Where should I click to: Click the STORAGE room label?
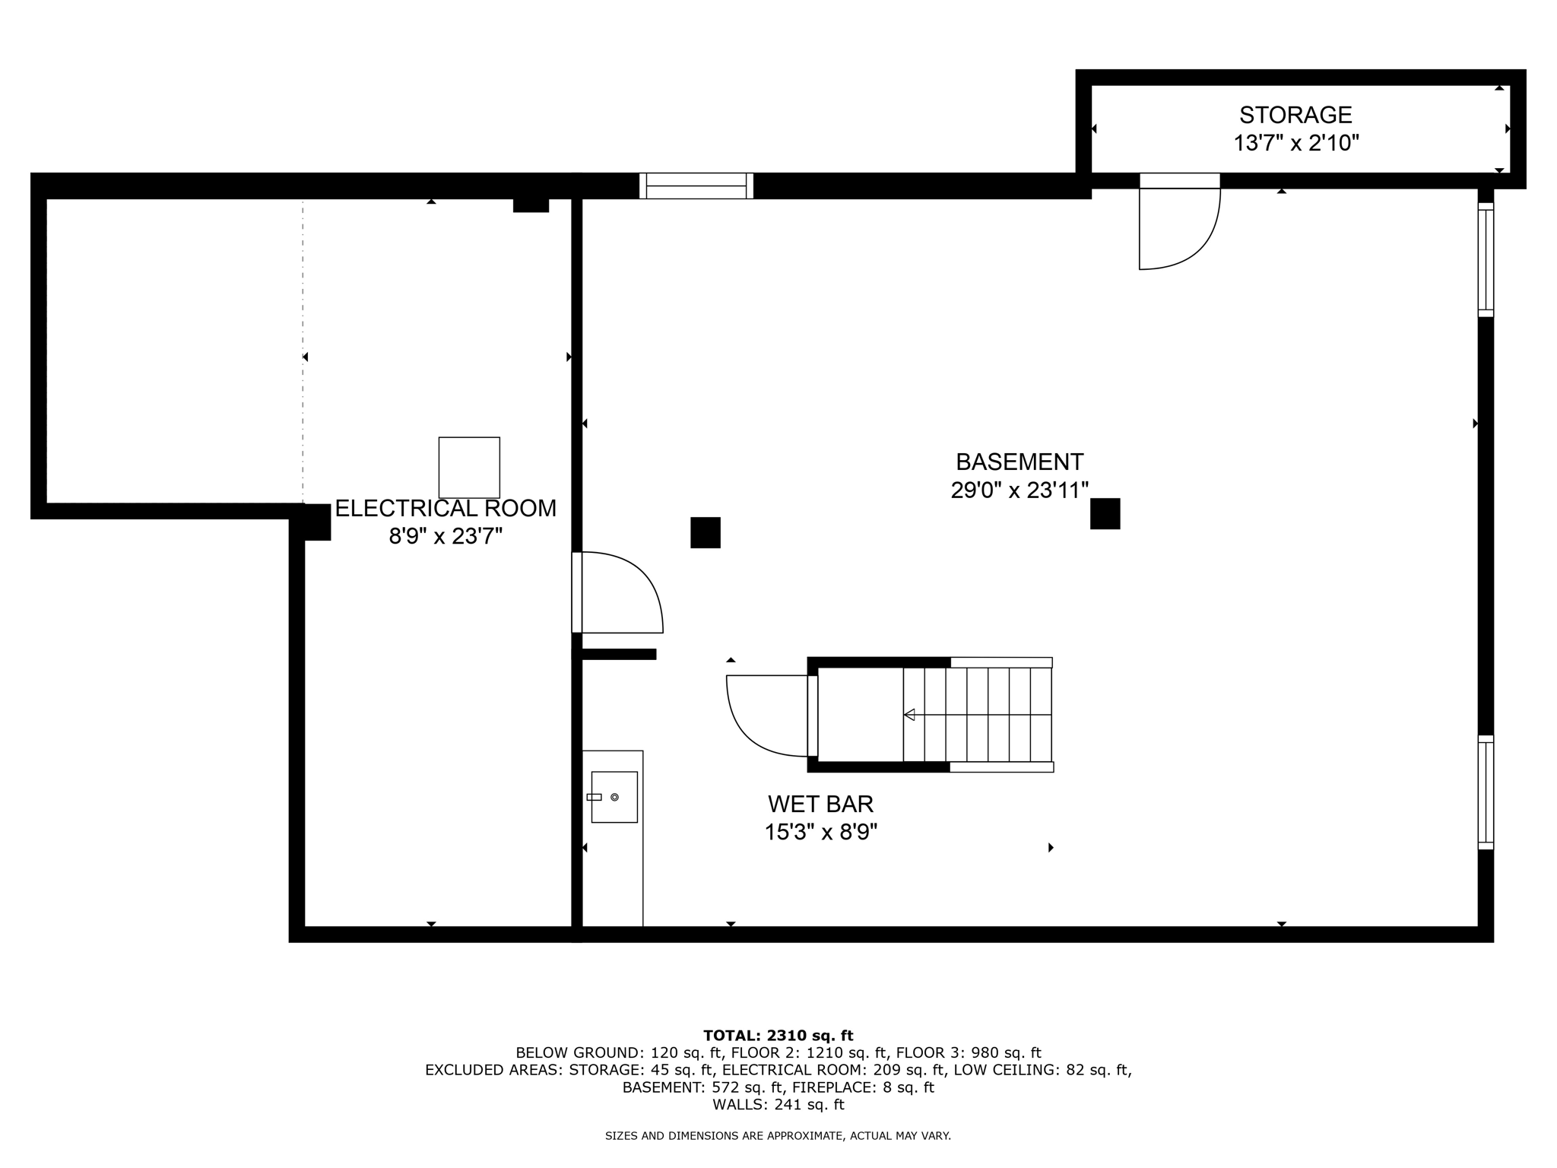[x=1295, y=115]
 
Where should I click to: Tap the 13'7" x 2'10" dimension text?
[x=1295, y=143]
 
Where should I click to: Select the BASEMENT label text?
[x=1019, y=462]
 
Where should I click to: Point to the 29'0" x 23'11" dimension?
[x=1019, y=490]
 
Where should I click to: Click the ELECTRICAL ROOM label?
[x=446, y=508]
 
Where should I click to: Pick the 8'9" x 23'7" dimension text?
[x=446, y=537]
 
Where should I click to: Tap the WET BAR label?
[x=820, y=804]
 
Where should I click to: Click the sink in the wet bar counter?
[x=614, y=797]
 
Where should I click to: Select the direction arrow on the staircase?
[x=909, y=715]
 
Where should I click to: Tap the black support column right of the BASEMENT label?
[x=1105, y=513]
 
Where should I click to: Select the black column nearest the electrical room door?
[x=705, y=532]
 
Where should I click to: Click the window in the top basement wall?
[x=696, y=186]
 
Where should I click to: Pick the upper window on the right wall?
[x=1486, y=260]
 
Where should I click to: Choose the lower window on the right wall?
[x=1486, y=792]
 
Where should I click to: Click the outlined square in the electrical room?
[x=469, y=468]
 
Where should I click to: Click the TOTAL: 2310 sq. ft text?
[x=778, y=1035]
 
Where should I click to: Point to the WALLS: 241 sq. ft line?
[x=778, y=1104]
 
